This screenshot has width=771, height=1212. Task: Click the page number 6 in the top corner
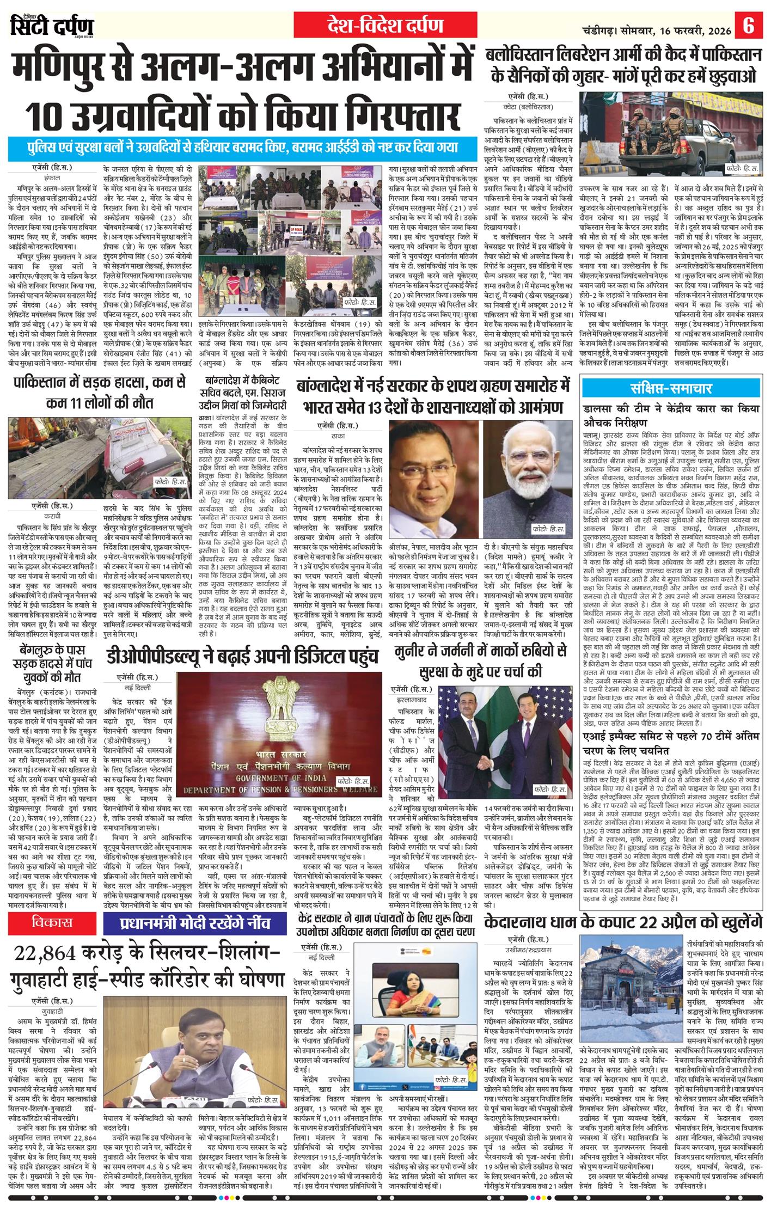click(749, 26)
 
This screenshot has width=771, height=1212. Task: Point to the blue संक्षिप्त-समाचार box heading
click(671, 388)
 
